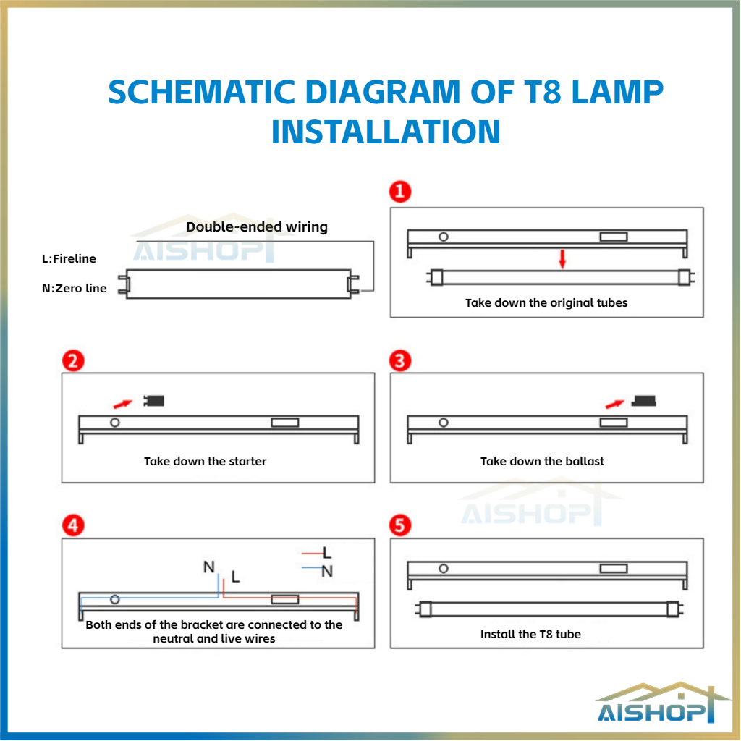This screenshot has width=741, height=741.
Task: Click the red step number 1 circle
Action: [399, 191]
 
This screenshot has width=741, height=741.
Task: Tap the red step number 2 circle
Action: [73, 361]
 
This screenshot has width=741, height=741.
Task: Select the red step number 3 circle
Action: [399, 361]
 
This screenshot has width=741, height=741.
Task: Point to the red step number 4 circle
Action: [73, 525]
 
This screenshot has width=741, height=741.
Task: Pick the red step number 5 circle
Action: [399, 525]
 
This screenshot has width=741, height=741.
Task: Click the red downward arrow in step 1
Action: [562, 259]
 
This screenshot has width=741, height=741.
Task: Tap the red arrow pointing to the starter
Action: [123, 404]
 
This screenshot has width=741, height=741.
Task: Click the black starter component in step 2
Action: [153, 401]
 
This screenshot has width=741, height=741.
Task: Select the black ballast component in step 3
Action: [644, 401]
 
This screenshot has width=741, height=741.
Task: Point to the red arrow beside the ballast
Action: [615, 404]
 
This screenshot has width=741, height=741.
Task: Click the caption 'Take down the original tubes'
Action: [546, 303]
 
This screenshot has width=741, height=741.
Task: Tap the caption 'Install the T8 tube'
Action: [530, 634]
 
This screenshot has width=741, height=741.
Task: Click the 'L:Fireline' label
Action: [69, 258]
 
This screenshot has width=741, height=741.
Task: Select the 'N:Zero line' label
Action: [75, 288]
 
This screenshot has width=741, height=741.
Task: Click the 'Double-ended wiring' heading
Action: [257, 226]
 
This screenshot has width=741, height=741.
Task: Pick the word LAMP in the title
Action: [617, 92]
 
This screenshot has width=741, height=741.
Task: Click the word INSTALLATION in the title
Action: [386, 132]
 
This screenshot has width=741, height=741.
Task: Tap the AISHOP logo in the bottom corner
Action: [661, 703]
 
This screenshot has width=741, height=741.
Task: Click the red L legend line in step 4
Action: [313, 552]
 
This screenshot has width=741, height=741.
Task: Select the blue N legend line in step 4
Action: [311, 567]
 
